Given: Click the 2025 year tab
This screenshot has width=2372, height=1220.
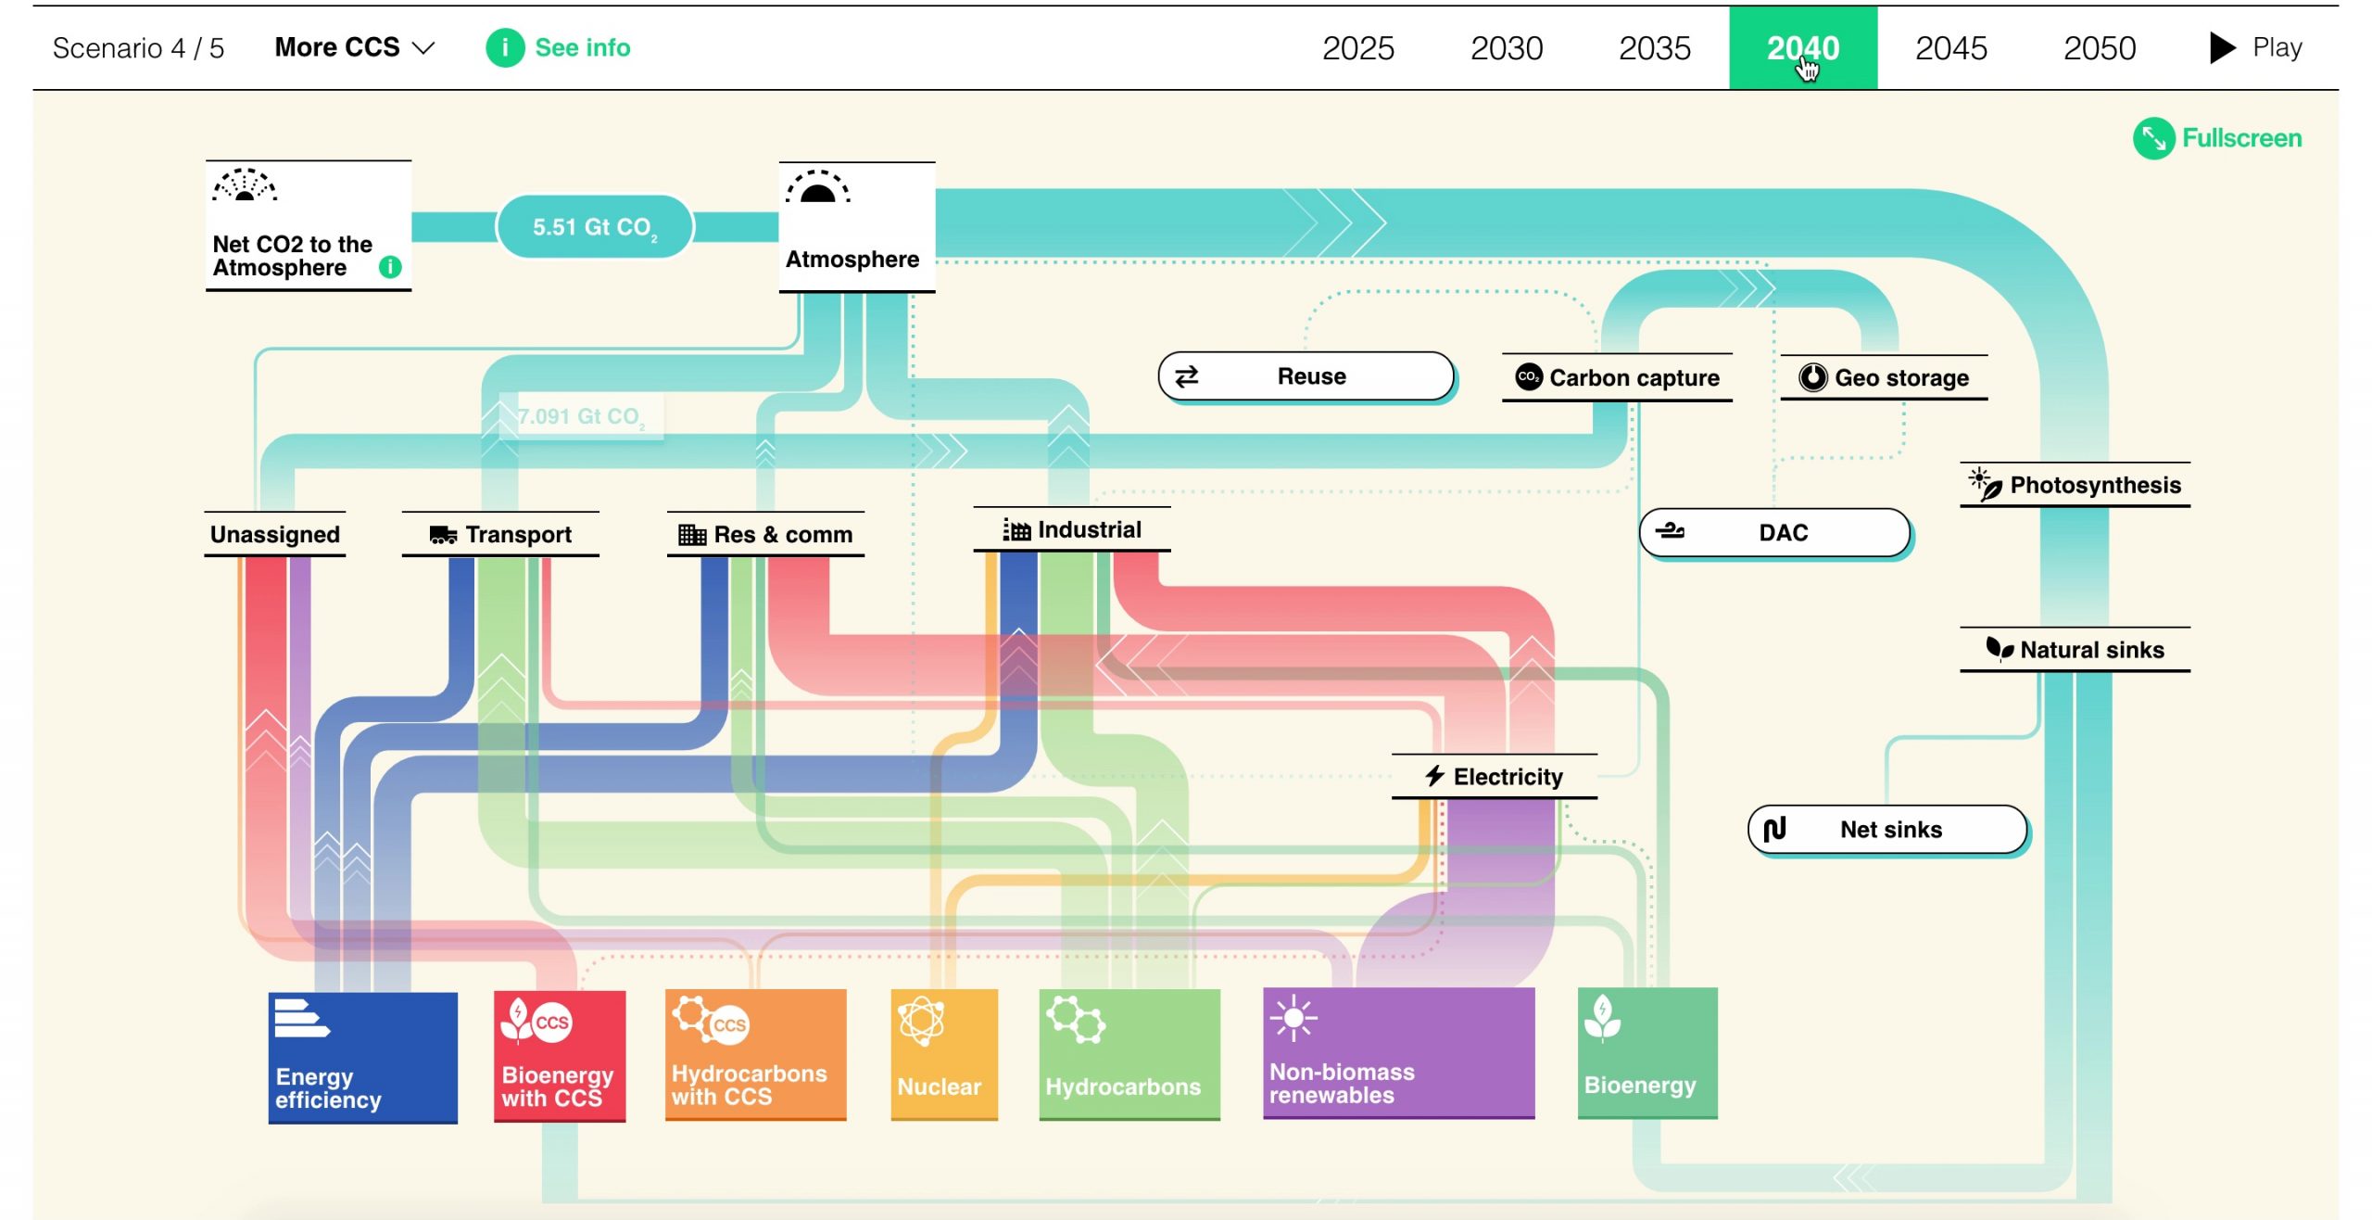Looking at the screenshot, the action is tap(1357, 47).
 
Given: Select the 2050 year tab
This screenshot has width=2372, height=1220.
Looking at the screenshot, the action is tap(2099, 47).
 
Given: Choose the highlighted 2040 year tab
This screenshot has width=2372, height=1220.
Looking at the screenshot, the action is tap(1803, 47).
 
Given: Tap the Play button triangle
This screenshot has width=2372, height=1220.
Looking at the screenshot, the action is tap(2222, 47).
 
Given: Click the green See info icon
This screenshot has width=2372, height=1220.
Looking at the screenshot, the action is tap(505, 47).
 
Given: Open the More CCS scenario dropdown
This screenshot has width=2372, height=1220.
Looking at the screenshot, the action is tap(354, 47).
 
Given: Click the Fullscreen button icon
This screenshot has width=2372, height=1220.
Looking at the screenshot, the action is tap(2153, 138).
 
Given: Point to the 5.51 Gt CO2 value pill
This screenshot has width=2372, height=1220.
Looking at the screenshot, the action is tap(595, 227).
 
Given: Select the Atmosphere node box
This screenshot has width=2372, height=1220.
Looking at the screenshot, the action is tap(857, 227).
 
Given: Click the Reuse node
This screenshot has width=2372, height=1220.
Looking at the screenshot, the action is tap(1306, 376).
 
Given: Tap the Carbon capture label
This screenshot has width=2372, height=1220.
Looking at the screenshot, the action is tap(1634, 378).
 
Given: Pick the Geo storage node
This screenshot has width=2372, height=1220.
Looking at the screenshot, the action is tap(1884, 377).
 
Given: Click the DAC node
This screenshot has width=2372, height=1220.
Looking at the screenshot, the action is tap(1775, 533).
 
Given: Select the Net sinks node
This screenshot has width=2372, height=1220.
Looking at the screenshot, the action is tap(1888, 830).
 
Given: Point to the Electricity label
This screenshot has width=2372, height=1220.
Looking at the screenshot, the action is tap(1508, 777).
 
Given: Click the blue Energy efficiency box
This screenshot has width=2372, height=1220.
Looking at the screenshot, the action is tap(363, 1058).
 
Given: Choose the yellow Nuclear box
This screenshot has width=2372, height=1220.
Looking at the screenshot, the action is tap(944, 1055).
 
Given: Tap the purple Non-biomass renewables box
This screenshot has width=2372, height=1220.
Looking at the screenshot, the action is tap(1399, 1054).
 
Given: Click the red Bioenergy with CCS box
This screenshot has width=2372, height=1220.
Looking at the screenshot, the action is tap(560, 1057).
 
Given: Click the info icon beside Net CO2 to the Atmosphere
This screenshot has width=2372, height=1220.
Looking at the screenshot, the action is tap(390, 267).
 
